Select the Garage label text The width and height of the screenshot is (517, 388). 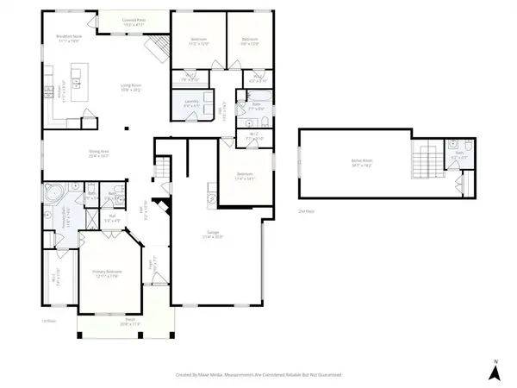tap(214, 234)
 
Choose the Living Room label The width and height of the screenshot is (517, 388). tap(131, 88)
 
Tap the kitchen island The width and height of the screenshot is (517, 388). tap(76, 84)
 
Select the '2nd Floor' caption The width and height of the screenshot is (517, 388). tap(305, 210)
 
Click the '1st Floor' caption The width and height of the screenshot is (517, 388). tap(48, 321)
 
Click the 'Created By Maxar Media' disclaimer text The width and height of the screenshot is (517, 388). tap(258, 375)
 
